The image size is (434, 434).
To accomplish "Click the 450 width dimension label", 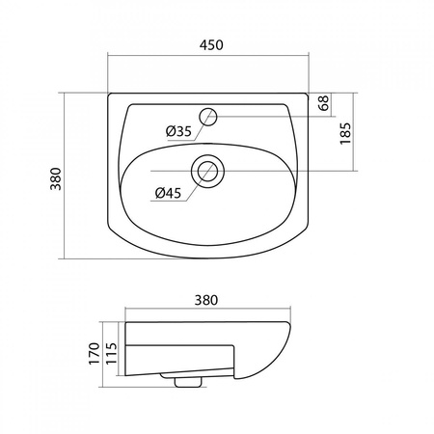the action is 211,45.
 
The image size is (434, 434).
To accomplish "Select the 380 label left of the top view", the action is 56,178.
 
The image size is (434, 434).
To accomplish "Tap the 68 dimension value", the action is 324,103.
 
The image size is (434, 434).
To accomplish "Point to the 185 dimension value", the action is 345,133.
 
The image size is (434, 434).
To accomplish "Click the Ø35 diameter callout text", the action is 178,131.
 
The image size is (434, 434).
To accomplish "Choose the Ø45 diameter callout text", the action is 168,193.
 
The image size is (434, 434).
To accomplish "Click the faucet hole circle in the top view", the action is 208,117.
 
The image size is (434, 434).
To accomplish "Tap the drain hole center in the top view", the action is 207,171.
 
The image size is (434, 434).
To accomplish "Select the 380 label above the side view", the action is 206,300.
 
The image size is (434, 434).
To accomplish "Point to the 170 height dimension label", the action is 95,354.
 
